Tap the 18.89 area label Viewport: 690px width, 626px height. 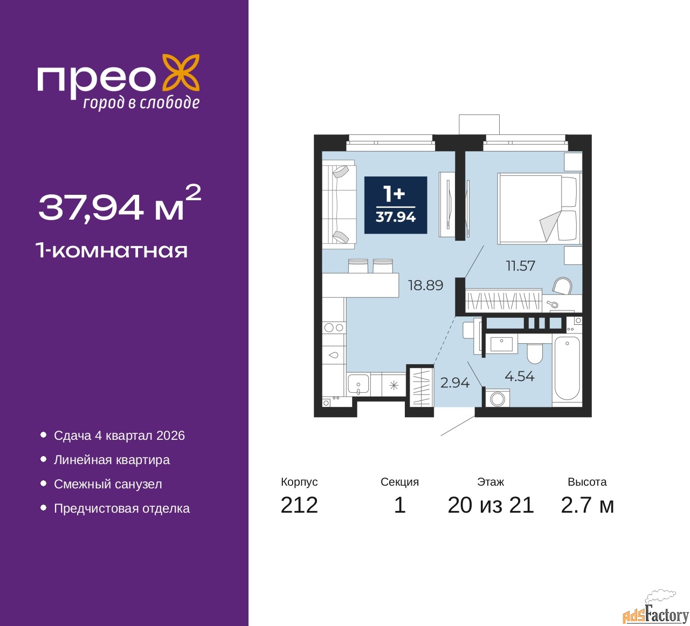point(425,285)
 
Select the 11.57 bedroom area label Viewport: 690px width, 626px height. point(520,266)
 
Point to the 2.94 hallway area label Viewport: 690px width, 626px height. point(455,383)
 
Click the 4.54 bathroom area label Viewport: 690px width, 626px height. point(520,376)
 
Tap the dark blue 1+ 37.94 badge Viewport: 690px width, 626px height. point(396,205)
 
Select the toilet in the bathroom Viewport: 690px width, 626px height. point(534,353)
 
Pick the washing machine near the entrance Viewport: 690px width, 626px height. point(497,398)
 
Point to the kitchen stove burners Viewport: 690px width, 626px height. point(334,327)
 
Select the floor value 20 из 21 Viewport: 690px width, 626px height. point(491,505)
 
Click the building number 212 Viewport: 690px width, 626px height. point(299,505)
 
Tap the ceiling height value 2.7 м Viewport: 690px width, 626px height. point(587,505)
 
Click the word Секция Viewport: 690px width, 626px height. point(399,482)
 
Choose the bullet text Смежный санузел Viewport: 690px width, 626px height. point(108,484)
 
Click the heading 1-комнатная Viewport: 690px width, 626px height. point(112,251)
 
